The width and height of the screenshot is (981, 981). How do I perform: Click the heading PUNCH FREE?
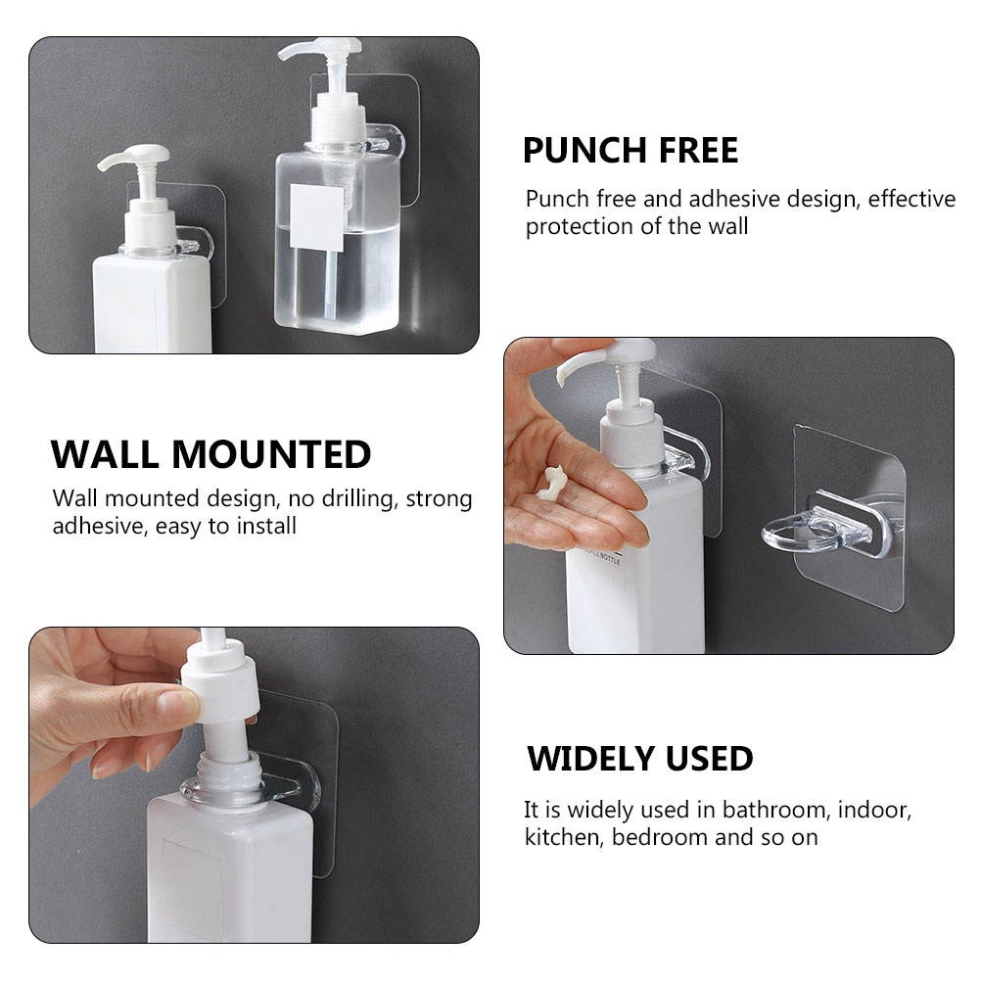point(630,151)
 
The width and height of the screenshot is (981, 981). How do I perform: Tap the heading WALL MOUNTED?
point(210,455)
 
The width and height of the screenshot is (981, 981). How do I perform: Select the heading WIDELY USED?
point(639,759)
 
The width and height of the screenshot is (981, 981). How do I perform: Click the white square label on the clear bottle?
point(317,216)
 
